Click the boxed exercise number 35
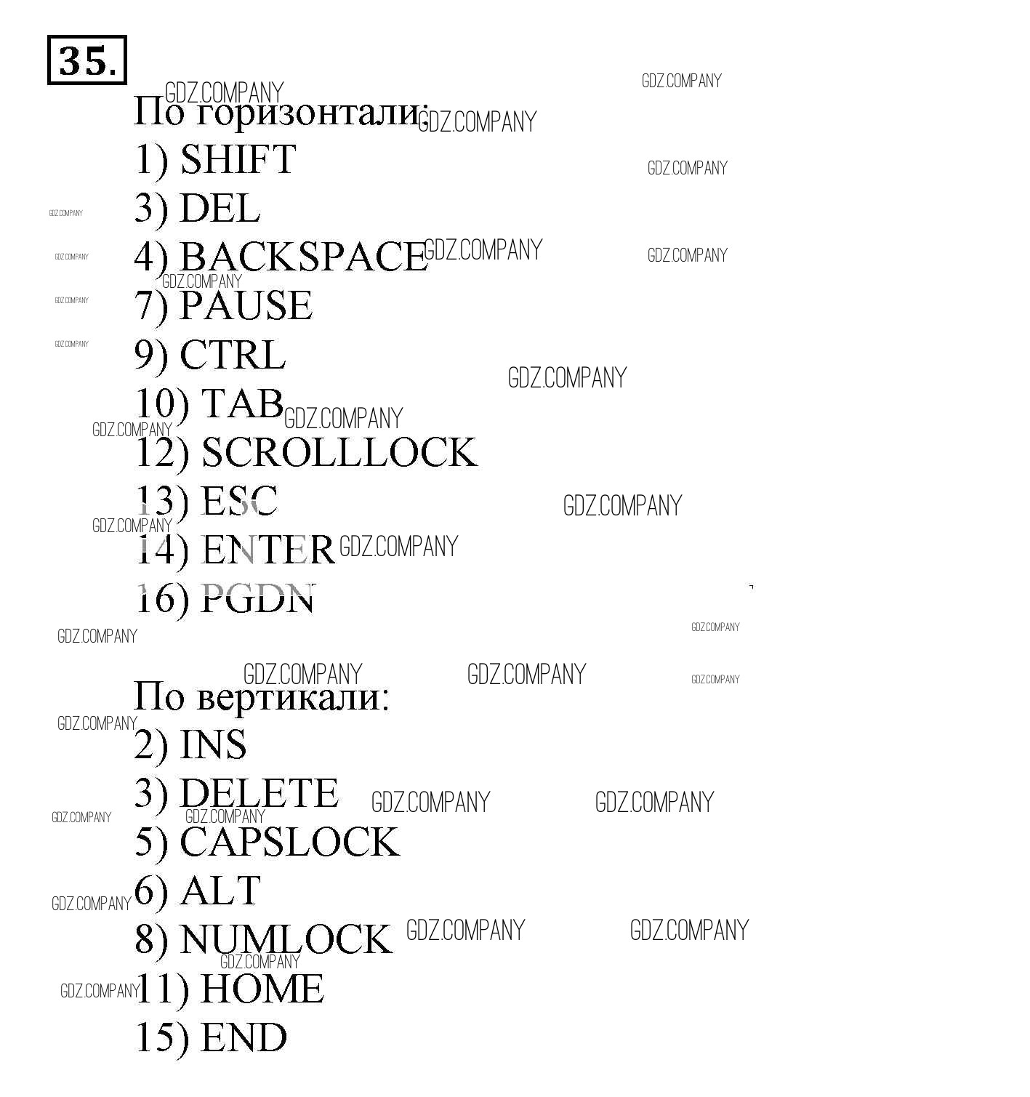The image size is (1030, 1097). [86, 60]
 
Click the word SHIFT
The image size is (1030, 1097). [238, 159]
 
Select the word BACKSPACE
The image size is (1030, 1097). [302, 257]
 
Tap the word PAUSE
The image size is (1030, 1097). [246, 305]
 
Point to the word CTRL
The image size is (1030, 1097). [233, 355]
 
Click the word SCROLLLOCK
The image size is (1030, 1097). [339, 452]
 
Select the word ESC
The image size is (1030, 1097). [239, 501]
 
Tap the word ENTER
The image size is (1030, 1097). [267, 550]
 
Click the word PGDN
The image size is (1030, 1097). [258, 598]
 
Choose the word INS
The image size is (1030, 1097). [213, 744]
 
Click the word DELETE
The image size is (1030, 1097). [259, 793]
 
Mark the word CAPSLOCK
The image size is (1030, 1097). [289, 842]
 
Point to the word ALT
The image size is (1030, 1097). [220, 891]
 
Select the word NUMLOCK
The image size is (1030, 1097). [285, 939]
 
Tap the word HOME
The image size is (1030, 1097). [262, 989]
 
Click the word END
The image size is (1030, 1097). [244, 1037]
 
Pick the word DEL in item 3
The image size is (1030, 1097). [220, 208]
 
